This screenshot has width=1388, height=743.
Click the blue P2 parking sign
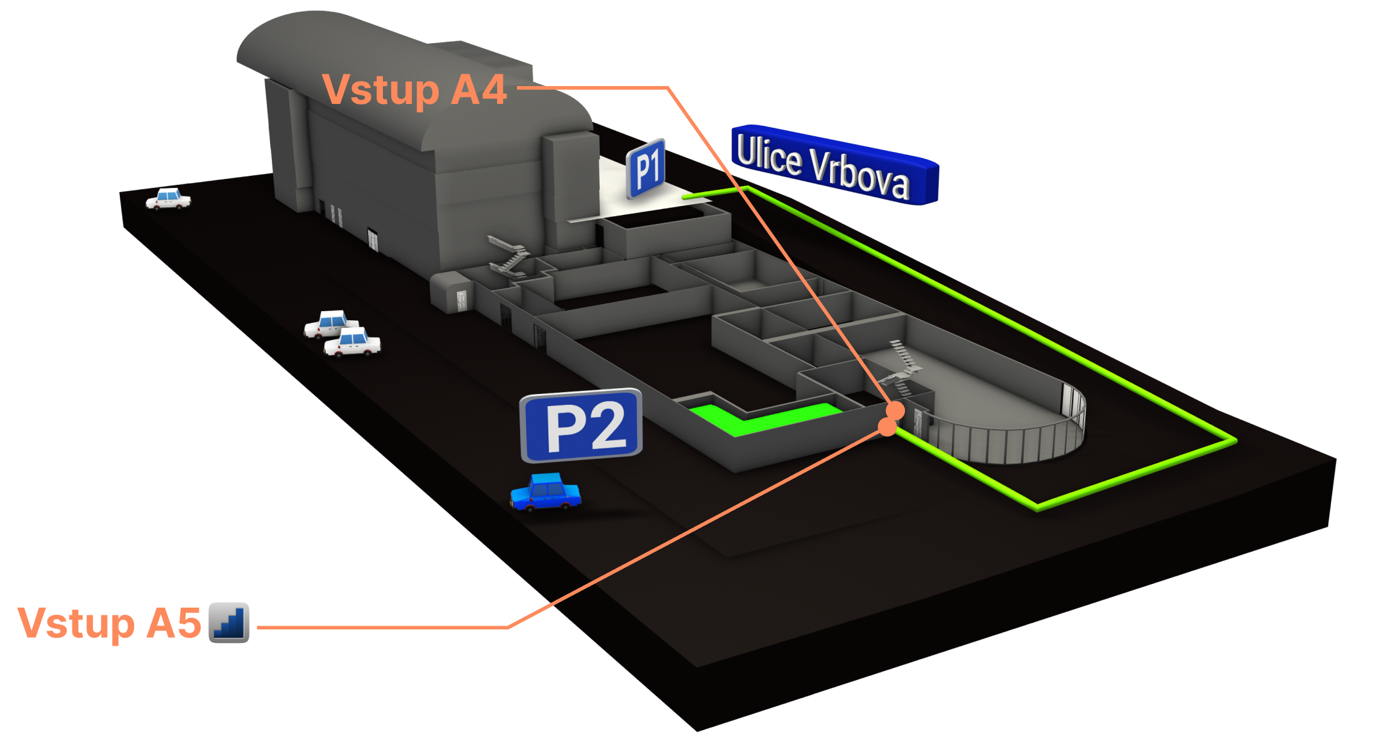(581, 425)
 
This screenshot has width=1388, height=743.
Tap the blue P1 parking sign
(647, 168)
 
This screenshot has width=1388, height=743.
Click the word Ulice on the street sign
(769, 154)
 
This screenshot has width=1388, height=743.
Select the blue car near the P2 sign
(546, 493)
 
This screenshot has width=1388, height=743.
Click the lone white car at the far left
(169, 199)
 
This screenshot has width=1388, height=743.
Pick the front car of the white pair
(352, 342)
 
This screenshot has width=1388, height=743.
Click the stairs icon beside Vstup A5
(229, 622)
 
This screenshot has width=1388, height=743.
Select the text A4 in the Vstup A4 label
(478, 90)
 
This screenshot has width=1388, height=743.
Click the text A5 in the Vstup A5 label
(173, 623)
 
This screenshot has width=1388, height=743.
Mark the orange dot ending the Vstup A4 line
(895, 410)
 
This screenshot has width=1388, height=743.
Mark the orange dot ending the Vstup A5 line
(887, 427)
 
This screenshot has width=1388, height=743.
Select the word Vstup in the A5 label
(76, 623)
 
